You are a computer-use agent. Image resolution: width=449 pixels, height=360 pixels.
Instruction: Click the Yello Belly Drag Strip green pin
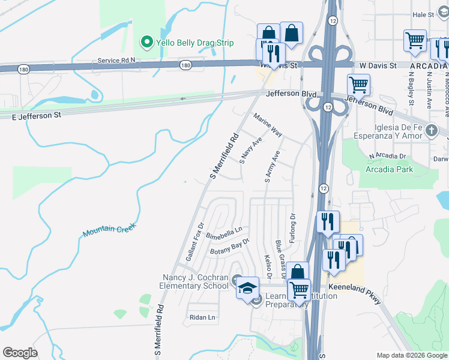click(x=146, y=43)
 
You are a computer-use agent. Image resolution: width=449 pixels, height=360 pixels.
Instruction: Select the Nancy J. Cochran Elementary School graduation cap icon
click(x=247, y=288)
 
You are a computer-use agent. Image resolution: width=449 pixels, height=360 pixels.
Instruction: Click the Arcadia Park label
click(x=389, y=169)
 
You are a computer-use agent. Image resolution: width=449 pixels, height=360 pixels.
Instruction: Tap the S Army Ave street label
click(x=271, y=167)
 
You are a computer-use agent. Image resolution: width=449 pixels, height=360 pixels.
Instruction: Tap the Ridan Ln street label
click(x=202, y=317)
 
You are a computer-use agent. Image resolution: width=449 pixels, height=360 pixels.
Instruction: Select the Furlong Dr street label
click(x=293, y=225)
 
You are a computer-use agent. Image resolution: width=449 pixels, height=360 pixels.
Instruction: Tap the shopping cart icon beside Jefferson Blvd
click(x=358, y=85)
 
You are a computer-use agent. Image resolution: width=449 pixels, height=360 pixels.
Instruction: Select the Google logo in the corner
click(x=20, y=353)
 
